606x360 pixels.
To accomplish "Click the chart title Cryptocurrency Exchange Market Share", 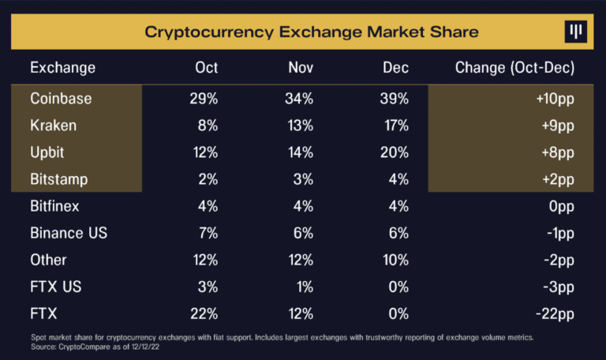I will click(x=311, y=32).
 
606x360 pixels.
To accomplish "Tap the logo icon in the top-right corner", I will click(x=576, y=32).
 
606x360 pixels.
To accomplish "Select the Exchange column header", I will click(x=62, y=68).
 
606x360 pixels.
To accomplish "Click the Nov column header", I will click(x=301, y=68).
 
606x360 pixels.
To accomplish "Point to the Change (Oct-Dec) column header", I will click(x=514, y=68).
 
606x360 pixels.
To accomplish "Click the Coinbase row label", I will click(x=61, y=99).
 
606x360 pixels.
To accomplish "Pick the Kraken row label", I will click(x=54, y=126).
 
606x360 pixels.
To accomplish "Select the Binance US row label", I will click(x=69, y=233).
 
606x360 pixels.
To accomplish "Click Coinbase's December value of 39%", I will click(x=393, y=99).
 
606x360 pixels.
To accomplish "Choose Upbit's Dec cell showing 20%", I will click(x=393, y=152).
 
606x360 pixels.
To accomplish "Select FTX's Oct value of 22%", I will click(x=204, y=313).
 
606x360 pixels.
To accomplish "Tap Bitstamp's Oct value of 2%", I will click(x=207, y=179).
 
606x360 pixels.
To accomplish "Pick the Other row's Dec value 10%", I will click(x=393, y=260).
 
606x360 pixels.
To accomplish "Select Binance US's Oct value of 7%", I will click(x=207, y=233).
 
